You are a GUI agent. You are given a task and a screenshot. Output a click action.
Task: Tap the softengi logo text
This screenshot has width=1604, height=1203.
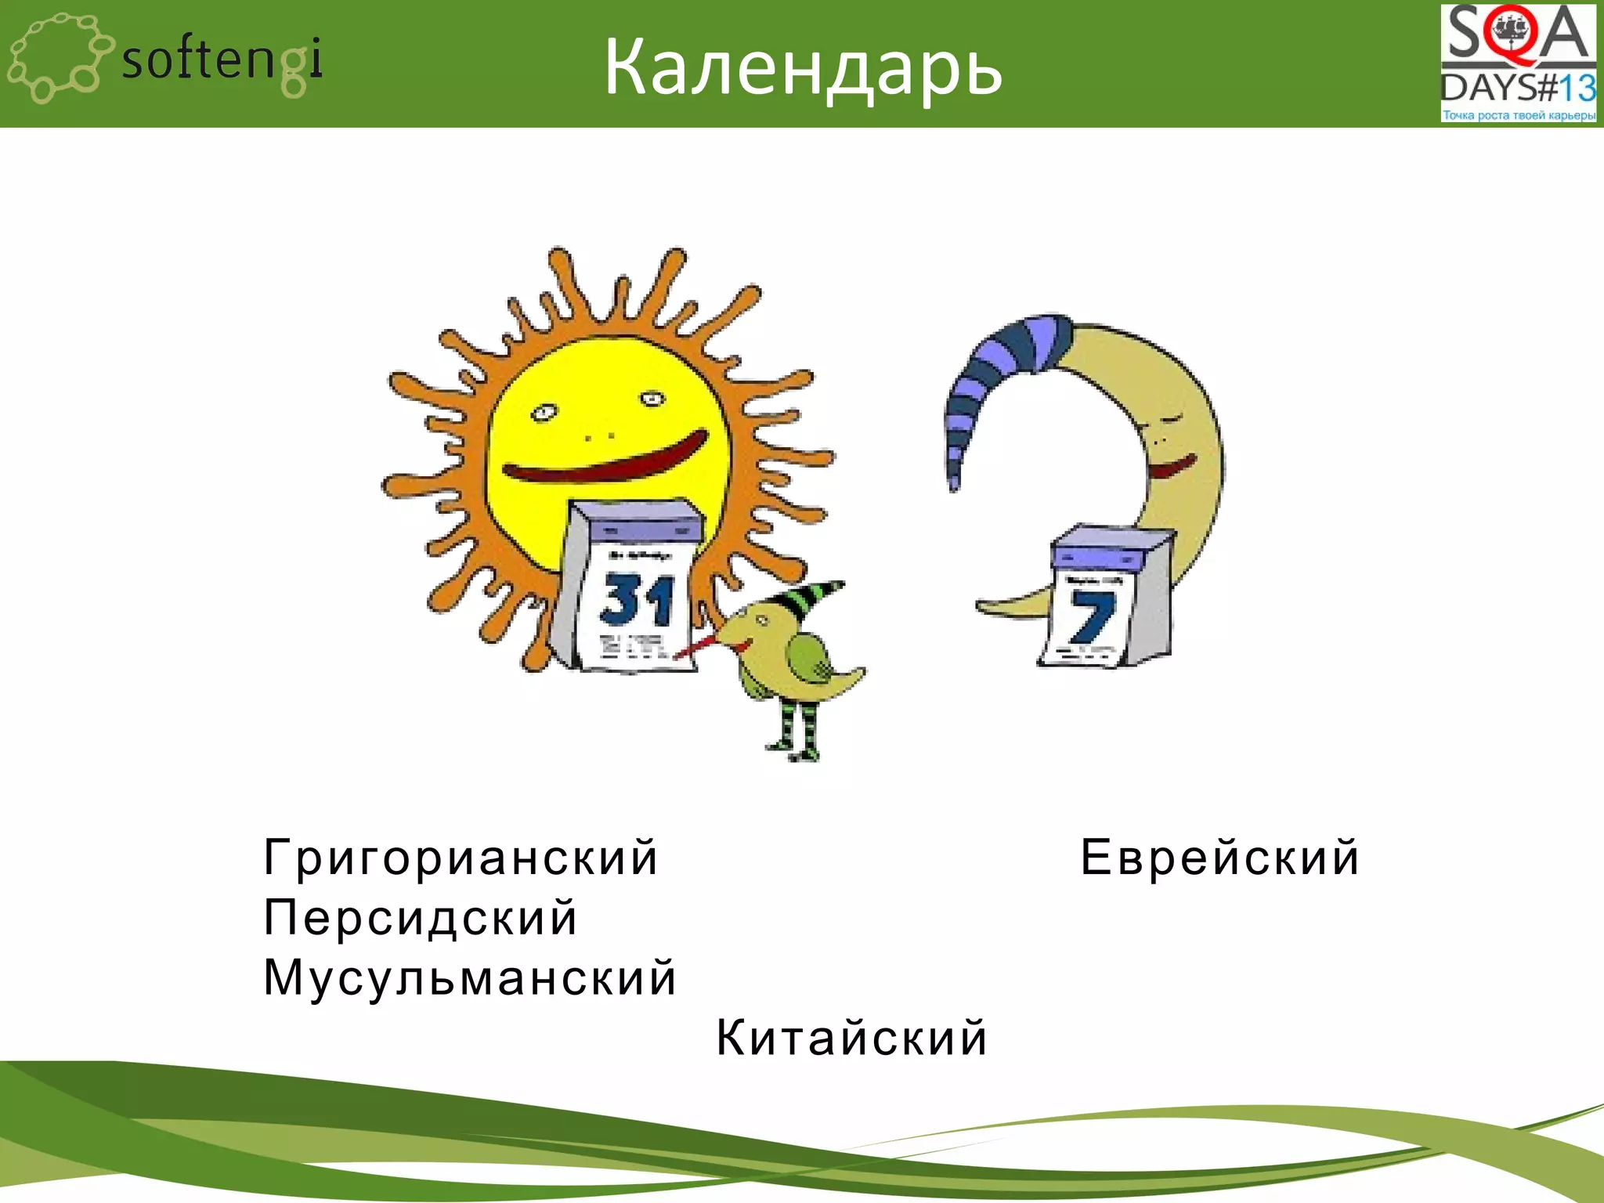pos(222,61)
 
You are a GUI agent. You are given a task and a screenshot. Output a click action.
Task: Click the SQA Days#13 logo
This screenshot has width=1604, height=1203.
pos(1518,63)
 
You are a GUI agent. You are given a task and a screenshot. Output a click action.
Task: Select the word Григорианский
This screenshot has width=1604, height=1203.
pos(461,857)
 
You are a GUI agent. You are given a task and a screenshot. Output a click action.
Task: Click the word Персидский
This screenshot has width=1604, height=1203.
pos(421,917)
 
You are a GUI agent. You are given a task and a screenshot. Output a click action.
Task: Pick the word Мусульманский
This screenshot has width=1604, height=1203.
pos(469,977)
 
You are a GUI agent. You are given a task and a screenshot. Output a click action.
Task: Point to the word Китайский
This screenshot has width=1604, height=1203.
pos(851,1038)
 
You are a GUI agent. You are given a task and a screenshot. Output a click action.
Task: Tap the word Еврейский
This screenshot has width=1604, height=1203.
pos(1219,857)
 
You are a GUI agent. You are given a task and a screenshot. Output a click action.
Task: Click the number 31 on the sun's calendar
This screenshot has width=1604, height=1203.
pos(636,600)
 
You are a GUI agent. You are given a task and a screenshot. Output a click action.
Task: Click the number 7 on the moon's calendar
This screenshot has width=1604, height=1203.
pos(1091,617)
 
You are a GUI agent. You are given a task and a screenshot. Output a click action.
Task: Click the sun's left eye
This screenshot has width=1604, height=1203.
pos(542,412)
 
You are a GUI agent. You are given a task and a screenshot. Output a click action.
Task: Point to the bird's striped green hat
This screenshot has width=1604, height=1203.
pos(807,598)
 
